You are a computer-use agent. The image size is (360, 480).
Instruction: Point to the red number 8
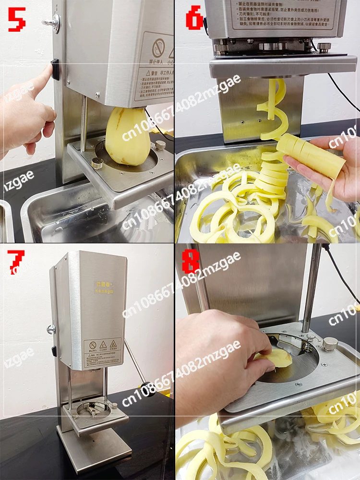[x=191, y=262]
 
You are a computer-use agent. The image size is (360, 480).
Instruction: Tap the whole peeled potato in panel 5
[x=127, y=137]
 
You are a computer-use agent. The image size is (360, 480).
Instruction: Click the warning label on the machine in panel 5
[x=153, y=67]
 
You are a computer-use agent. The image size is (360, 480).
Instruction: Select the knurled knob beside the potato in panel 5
[x=161, y=145]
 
